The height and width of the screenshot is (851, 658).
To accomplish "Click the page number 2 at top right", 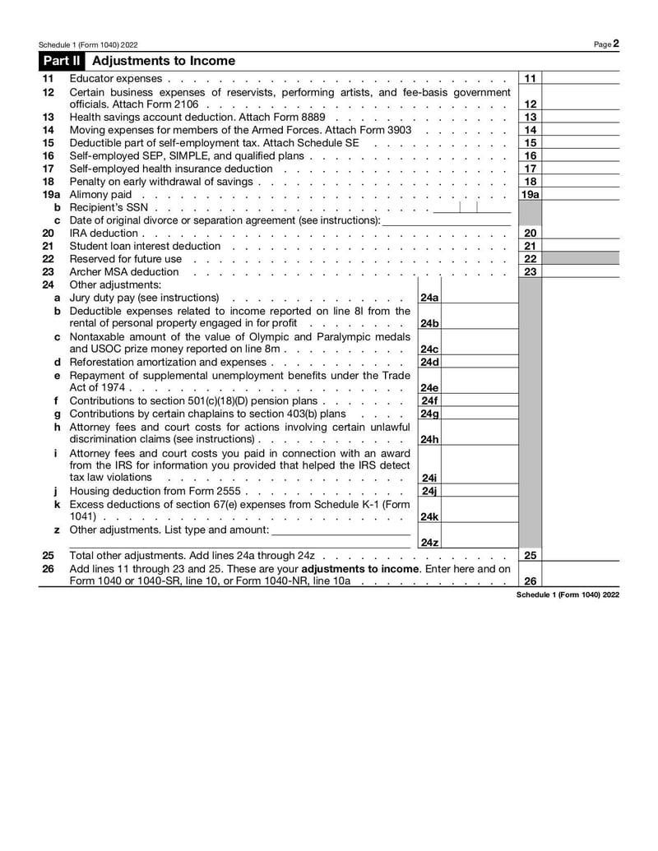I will [615, 44].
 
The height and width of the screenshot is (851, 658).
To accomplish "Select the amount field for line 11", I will [580, 78].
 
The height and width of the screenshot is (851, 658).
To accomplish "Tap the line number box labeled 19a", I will [531, 194].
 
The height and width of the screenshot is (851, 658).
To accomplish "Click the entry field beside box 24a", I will [478, 298].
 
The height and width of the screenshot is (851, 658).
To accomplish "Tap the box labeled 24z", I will [429, 543].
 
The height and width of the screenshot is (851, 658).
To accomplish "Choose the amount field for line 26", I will [580, 580].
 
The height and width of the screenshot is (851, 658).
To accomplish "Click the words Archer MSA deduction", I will [123, 272].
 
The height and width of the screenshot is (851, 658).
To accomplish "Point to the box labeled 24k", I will [429, 516].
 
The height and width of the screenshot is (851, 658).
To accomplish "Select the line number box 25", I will [531, 556].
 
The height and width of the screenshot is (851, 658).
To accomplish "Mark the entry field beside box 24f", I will [478, 401].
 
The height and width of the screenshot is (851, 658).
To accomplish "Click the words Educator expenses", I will [116, 78].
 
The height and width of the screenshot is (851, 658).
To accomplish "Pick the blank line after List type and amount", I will [341, 530].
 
